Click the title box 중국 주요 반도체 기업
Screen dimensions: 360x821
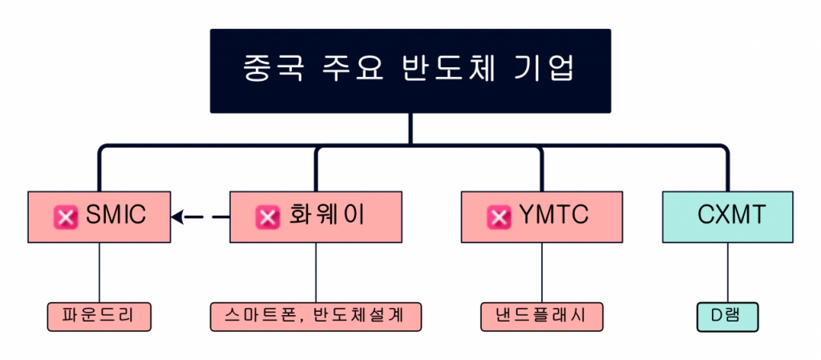[x=410, y=71]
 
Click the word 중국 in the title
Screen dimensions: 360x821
[x=273, y=71]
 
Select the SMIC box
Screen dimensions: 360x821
[x=99, y=216]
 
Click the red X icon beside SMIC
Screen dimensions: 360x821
[x=65, y=216]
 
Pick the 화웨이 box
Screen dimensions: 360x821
[x=315, y=216]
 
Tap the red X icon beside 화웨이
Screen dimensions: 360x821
[x=266, y=216]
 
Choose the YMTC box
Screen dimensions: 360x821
[x=542, y=216]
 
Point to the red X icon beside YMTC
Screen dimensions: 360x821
[x=499, y=216]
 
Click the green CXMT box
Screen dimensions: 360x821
[x=728, y=216]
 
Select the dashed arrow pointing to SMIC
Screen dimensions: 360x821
[x=200, y=216]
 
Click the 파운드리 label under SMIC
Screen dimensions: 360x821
[x=99, y=316]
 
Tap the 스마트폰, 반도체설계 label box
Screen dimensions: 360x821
[x=316, y=316]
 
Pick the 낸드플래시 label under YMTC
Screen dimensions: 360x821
[x=542, y=316]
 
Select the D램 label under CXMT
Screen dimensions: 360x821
[x=727, y=316]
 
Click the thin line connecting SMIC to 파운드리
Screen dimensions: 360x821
[x=99, y=272]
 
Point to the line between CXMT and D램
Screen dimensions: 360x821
[x=728, y=272]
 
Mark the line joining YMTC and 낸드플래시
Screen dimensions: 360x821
[x=542, y=272]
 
